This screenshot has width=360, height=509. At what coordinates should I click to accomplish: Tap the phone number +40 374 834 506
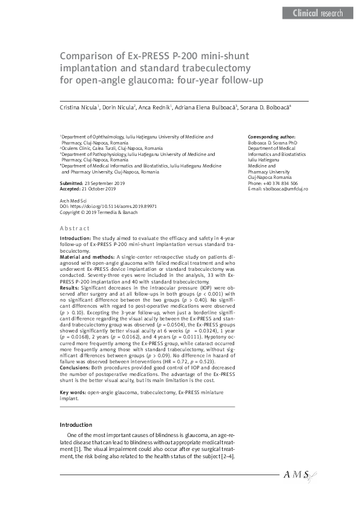(282, 183)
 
